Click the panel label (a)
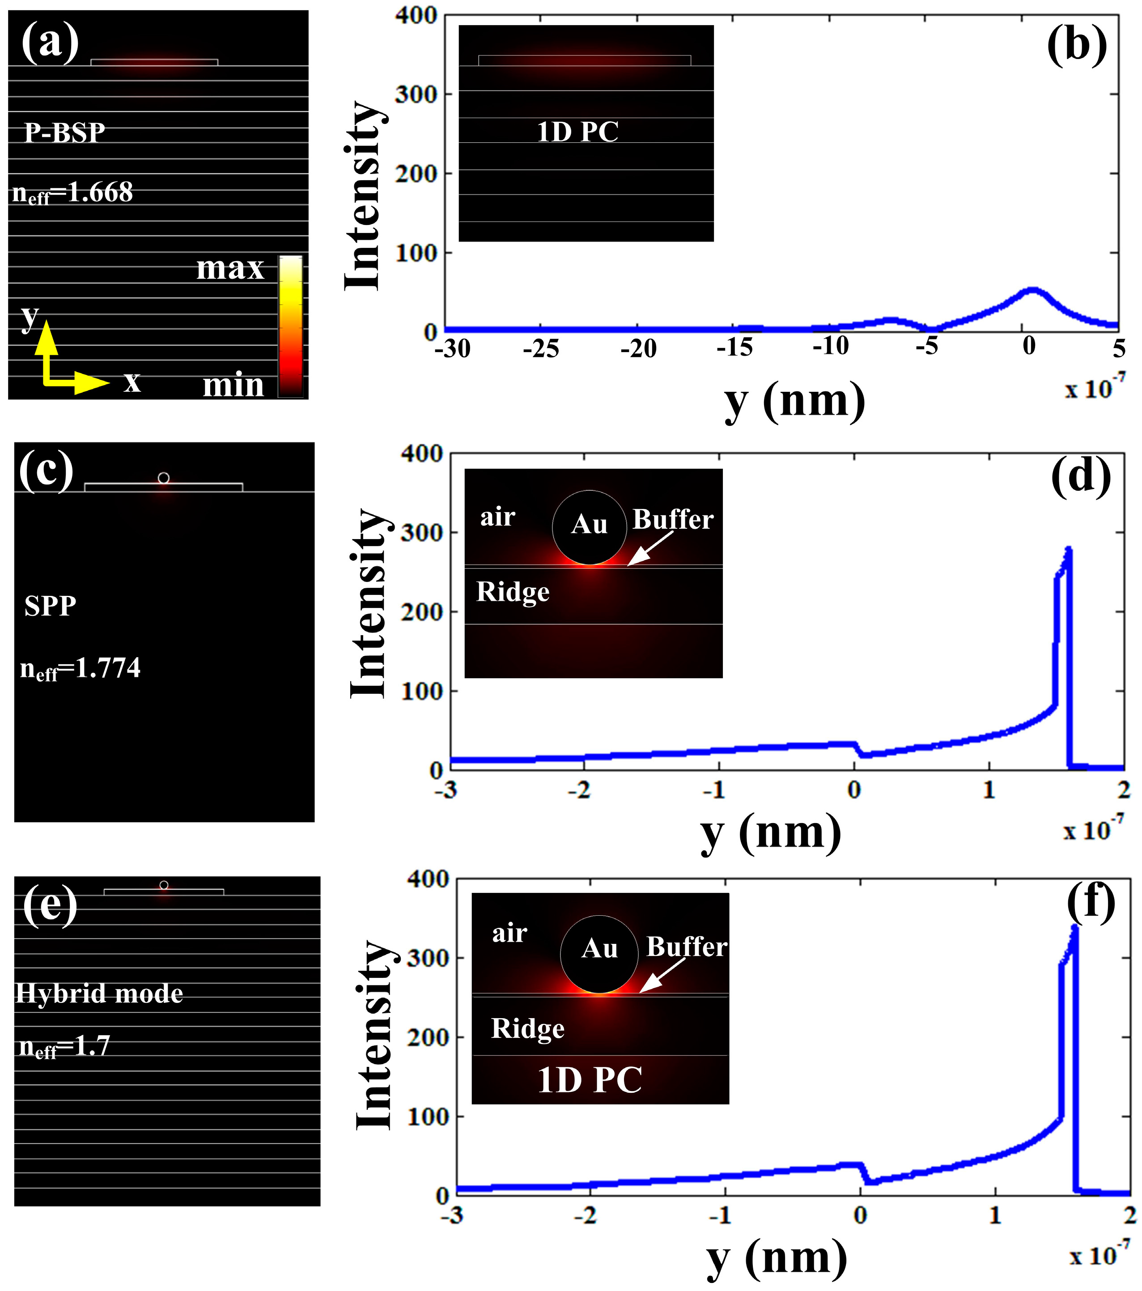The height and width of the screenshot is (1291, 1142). [50, 43]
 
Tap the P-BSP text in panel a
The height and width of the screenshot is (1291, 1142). [64, 133]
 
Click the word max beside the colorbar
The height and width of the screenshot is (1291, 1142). [230, 268]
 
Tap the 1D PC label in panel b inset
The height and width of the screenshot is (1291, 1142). [577, 132]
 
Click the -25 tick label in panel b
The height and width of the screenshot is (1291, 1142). [541, 348]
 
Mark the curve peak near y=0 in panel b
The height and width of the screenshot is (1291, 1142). [1031, 290]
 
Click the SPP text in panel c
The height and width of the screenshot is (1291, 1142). [51, 606]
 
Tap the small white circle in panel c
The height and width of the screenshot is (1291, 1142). [164, 478]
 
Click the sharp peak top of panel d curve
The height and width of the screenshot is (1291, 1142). [1069, 549]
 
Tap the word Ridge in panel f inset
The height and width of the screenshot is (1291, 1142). [527, 1028]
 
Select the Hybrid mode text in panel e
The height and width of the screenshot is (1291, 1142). [99, 994]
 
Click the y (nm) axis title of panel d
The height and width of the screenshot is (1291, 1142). [771, 834]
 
